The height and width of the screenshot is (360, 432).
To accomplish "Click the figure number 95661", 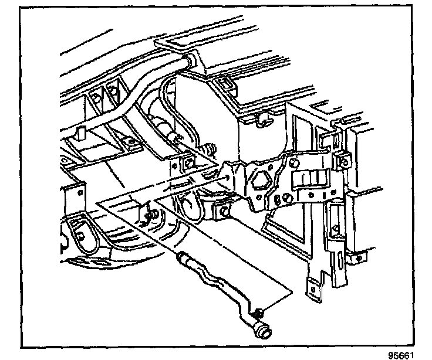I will [405, 354].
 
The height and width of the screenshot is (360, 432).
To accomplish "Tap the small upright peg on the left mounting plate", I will [82, 132].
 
